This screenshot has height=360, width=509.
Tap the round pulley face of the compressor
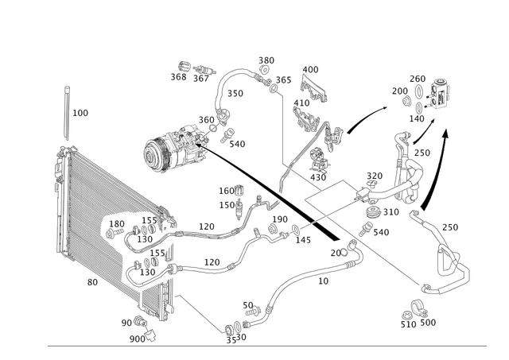coord(153,152)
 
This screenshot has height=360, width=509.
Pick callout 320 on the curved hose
coord(236,94)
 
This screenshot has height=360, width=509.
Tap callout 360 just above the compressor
coord(208,118)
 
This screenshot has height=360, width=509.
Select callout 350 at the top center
coord(266,60)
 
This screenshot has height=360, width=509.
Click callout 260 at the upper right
coord(418,77)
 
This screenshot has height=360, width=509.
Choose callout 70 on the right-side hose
coord(451,227)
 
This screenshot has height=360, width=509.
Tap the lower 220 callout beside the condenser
coord(211,260)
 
